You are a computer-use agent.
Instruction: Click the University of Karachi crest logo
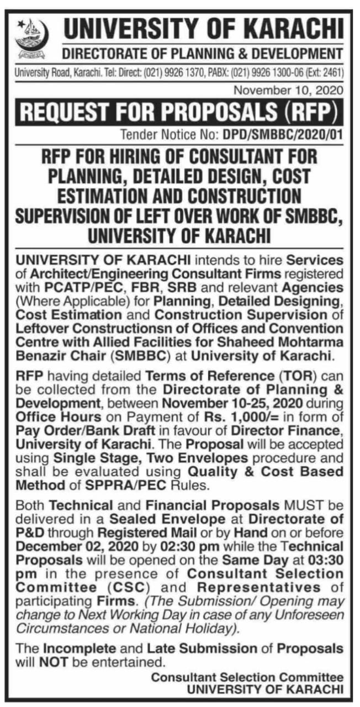click(x=32, y=39)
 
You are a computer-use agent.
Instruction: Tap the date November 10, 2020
click(x=288, y=89)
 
